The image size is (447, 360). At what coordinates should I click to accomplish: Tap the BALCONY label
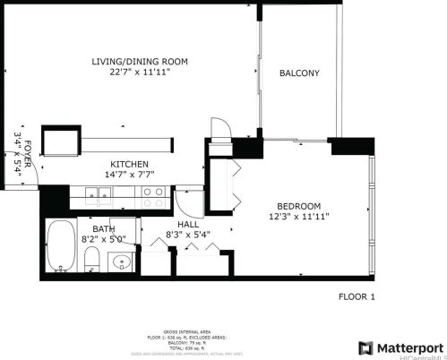(x=299, y=73)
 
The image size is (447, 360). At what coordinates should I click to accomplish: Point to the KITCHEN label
(x=129, y=164)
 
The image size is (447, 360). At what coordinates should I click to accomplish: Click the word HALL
(x=188, y=224)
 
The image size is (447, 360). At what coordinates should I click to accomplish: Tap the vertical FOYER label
(x=28, y=153)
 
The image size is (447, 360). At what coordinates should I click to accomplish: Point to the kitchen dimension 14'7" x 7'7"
(x=129, y=176)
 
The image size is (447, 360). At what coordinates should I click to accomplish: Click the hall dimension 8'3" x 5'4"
(x=188, y=236)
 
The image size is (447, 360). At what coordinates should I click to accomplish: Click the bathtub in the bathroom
(x=62, y=244)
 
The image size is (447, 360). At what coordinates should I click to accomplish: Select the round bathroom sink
(x=121, y=261)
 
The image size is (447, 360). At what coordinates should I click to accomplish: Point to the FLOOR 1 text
(x=357, y=296)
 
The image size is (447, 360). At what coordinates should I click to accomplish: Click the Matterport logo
(x=400, y=347)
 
